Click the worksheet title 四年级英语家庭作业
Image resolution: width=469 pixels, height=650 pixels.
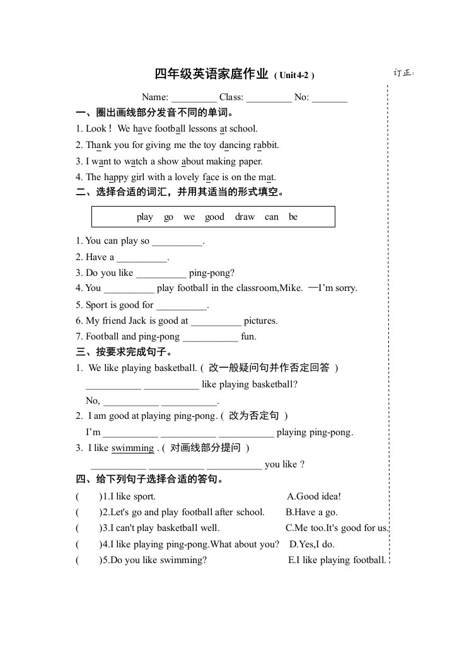[212, 74]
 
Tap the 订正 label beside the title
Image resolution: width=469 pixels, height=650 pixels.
[403, 73]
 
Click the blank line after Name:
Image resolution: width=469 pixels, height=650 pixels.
[194, 98]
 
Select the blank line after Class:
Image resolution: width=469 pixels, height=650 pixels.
[269, 98]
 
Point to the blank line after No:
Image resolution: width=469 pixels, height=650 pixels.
[330, 98]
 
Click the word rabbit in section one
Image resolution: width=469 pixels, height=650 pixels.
[266, 145]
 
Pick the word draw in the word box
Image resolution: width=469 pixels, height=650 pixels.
[245, 217]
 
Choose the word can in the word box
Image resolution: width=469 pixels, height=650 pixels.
[272, 217]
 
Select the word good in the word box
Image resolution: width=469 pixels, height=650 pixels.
[214, 217]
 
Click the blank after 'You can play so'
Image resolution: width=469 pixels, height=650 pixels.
[178, 242]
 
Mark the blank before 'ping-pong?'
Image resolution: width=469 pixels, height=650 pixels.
[161, 274]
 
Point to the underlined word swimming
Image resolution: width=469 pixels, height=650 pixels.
[132, 448]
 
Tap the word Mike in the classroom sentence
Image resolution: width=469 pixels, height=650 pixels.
[289, 288]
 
